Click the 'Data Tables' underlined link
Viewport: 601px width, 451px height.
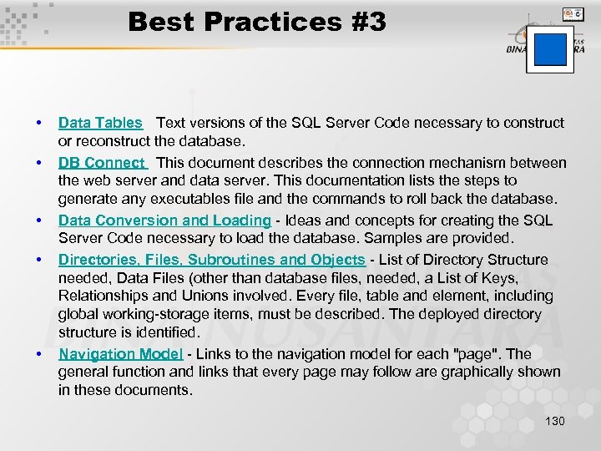coord(100,123)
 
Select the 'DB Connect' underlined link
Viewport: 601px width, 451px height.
coord(102,163)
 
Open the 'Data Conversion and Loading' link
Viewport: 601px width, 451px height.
coord(164,220)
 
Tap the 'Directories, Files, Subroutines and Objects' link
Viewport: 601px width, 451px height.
coord(211,260)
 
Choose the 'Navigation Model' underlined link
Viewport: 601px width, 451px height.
coord(120,353)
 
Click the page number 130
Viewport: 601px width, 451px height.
coord(554,421)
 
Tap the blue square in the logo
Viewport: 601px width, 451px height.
coord(549,49)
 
